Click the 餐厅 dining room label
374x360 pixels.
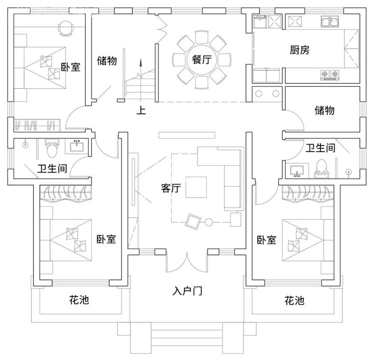(202, 60)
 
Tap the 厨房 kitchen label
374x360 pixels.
(300, 49)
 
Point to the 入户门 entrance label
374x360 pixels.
(187, 291)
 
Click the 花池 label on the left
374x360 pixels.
(79, 300)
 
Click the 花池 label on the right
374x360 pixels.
(294, 300)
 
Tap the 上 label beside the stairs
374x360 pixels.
(141, 111)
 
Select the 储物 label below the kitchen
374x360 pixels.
(325, 111)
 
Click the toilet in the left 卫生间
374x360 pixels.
(52, 148)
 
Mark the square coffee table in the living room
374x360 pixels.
(196, 187)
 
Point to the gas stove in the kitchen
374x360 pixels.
(330, 74)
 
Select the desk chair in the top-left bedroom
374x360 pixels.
(65, 28)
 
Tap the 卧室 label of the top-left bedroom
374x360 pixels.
(71, 67)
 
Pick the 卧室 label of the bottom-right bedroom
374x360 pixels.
(266, 240)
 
